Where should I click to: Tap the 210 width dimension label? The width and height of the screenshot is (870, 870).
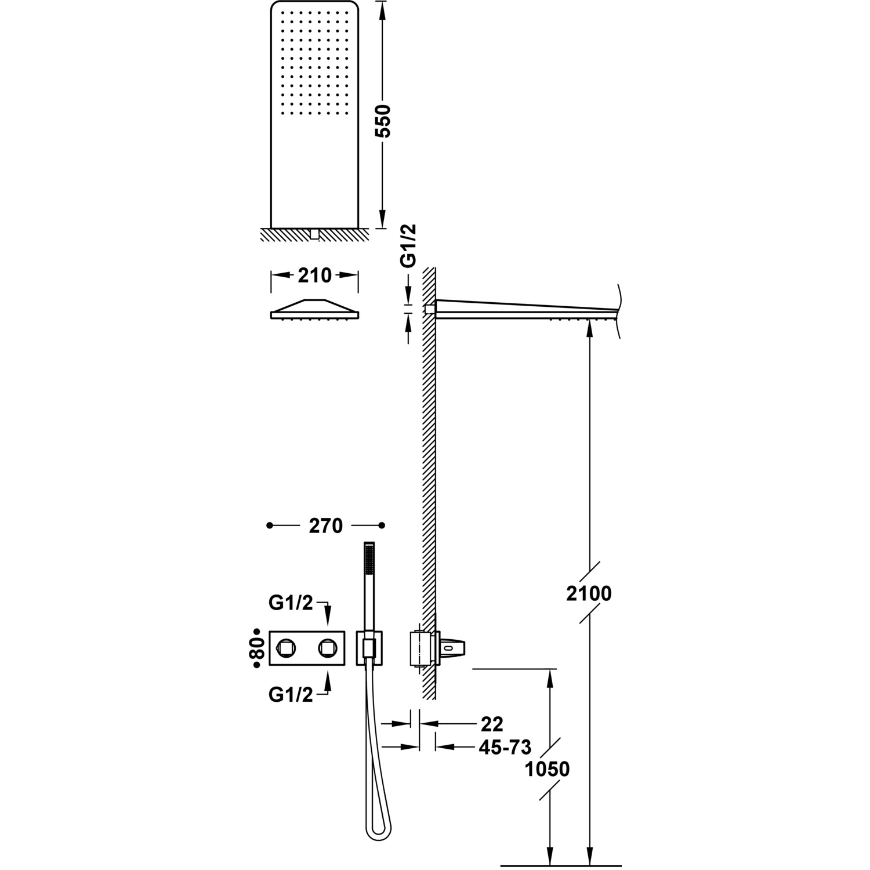pyautogui.click(x=314, y=275)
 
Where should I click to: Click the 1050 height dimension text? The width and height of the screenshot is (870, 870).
pyautogui.click(x=547, y=769)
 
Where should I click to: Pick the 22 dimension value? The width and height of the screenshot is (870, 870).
pyautogui.click(x=492, y=724)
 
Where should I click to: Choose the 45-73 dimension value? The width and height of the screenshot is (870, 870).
pyautogui.click(x=505, y=747)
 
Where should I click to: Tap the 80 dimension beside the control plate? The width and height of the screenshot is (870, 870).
pyautogui.click(x=258, y=648)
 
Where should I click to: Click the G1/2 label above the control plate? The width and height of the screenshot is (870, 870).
pyautogui.click(x=291, y=603)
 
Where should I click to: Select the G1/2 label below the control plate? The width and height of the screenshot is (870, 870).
pyautogui.click(x=291, y=694)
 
